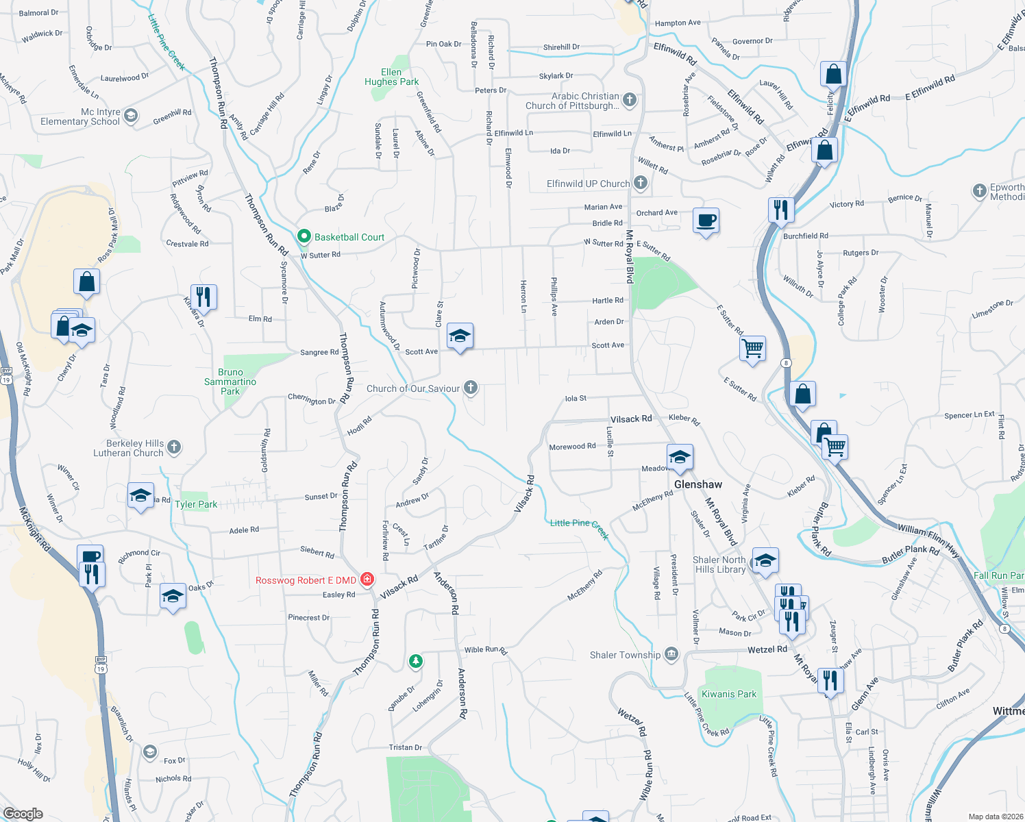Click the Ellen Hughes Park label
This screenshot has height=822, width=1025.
391,77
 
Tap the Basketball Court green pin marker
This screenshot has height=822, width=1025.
304,236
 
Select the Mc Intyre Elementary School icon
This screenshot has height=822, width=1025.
131,116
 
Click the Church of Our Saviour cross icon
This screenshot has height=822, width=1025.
471,388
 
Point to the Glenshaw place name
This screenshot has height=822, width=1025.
697,484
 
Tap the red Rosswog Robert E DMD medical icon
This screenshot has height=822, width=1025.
367,580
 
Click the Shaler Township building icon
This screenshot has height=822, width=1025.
671,655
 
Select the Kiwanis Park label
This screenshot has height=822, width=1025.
729,694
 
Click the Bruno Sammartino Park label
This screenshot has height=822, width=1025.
230,382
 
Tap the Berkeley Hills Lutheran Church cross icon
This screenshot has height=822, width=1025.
174,447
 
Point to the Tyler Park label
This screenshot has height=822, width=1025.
196,504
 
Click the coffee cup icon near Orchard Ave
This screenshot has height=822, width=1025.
706,221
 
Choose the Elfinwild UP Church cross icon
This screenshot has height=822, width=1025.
641,183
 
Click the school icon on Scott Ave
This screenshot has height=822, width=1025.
460,336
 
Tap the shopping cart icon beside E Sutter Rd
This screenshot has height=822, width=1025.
752,348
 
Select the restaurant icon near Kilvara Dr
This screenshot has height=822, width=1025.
203,297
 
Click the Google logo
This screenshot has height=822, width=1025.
23,814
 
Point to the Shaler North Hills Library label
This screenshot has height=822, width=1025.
719,564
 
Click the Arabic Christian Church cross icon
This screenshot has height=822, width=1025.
630,100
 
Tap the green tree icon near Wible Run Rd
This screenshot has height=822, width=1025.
415,661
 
